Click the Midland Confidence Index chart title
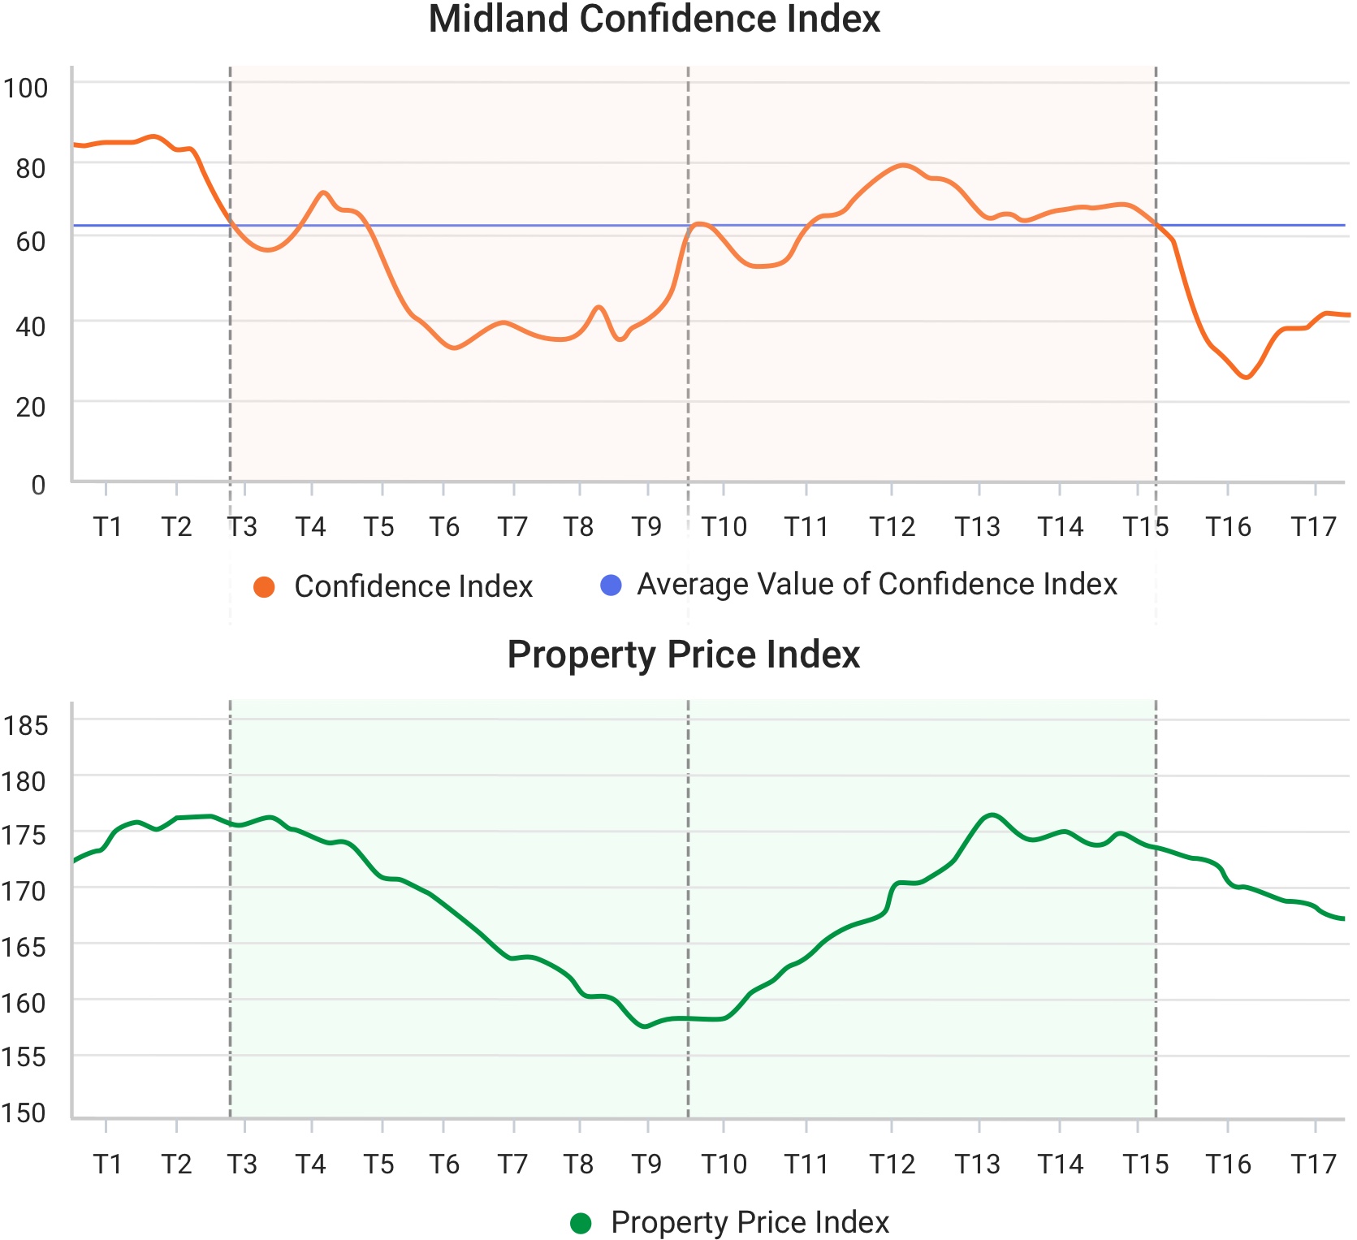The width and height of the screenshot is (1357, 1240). (x=654, y=19)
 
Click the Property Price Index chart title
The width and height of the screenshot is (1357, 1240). (x=683, y=655)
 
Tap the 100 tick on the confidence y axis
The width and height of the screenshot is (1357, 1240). (x=25, y=88)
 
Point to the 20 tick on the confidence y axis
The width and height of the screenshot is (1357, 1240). (x=31, y=407)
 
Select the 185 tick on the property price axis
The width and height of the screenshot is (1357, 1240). (x=25, y=725)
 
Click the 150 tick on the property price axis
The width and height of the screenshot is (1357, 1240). (x=24, y=1113)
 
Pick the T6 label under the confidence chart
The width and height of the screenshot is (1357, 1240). (x=444, y=527)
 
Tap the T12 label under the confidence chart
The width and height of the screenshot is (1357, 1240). (x=892, y=527)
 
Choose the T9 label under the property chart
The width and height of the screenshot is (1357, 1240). (x=647, y=1164)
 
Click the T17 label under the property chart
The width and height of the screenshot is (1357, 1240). (x=1313, y=1164)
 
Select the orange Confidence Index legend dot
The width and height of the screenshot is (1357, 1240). (x=264, y=586)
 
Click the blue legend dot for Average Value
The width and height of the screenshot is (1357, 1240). (x=611, y=585)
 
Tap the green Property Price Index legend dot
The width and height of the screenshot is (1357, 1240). (x=581, y=1223)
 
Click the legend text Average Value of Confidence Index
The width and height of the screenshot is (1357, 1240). (x=876, y=585)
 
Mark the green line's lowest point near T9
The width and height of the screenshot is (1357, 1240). (x=645, y=1026)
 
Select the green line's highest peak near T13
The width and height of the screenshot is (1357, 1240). (x=992, y=814)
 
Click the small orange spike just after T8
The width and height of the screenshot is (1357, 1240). (x=599, y=307)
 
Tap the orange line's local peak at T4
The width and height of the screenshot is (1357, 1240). (x=323, y=192)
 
